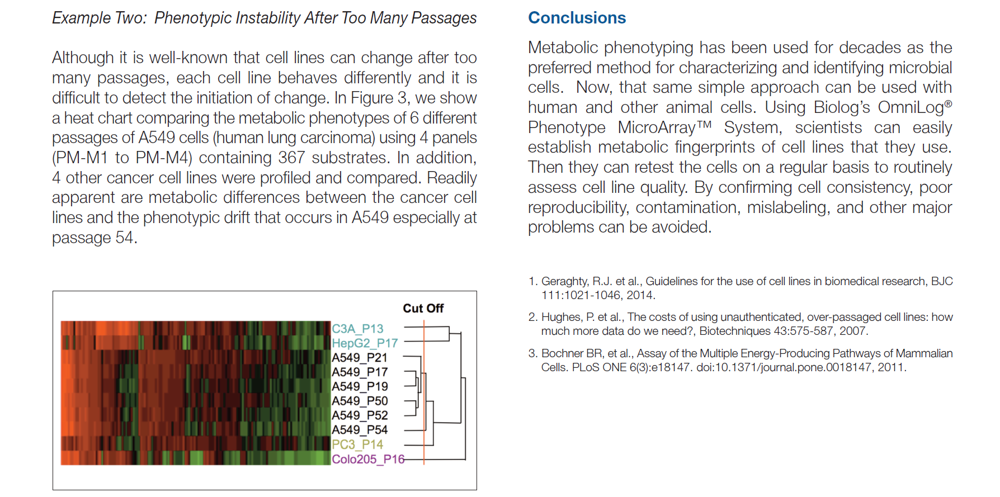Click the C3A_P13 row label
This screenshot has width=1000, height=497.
357,329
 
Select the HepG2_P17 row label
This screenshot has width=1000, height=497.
365,343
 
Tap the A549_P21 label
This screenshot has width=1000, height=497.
360,358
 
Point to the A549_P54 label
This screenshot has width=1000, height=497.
360,430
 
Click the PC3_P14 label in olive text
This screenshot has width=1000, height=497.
357,444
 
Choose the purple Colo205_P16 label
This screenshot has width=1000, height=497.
367,459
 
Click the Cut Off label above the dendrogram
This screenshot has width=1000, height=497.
423,309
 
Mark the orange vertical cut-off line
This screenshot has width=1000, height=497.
424,391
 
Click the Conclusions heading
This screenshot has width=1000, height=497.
577,18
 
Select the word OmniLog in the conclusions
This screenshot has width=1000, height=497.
911,107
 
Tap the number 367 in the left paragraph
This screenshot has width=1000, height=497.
291,158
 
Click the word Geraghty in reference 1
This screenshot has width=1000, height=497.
564,281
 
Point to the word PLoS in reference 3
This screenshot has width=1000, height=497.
585,367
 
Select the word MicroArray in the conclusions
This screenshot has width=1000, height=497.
657,127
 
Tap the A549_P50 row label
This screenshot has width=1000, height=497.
360,401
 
